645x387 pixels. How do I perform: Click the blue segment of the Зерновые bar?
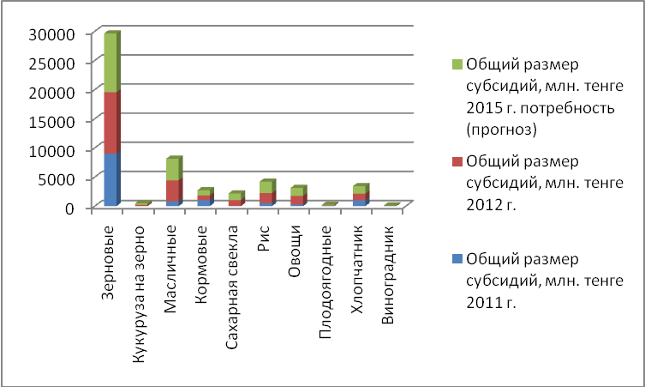[110, 179]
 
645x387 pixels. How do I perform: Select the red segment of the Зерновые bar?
[110, 123]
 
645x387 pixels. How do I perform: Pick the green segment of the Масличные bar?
[172, 169]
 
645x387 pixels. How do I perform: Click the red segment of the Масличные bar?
[172, 190]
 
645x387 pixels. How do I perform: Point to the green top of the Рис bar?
[266, 187]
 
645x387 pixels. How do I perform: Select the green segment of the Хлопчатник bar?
[359, 189]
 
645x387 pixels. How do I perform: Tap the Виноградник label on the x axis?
[390, 262]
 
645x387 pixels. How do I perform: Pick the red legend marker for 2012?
[457, 161]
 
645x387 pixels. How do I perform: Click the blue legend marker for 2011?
[457, 258]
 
